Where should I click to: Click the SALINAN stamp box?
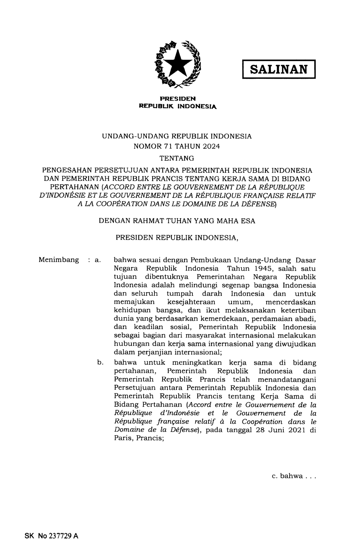tap(279, 69)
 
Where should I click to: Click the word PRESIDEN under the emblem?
tap(178, 99)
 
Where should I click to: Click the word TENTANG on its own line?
tap(177, 158)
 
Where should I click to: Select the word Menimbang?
tap(59, 260)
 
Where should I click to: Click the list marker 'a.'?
tap(98, 260)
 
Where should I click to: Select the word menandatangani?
tap(287, 379)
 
